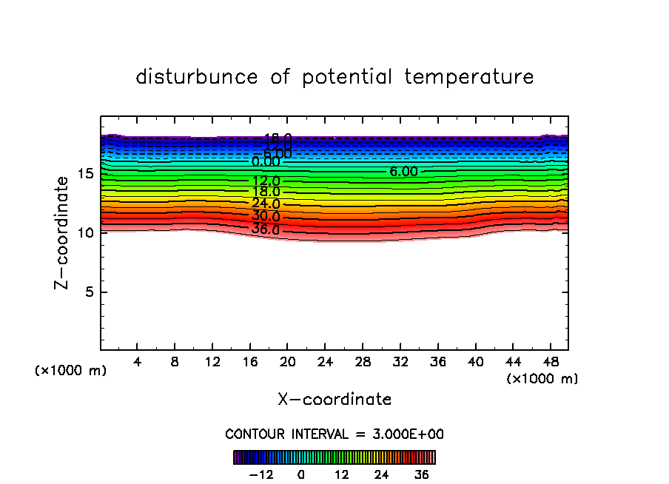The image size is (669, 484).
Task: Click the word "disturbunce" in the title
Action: pos(198,77)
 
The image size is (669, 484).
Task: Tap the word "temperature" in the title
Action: pos(469,77)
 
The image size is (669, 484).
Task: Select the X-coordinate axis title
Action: pos(334,400)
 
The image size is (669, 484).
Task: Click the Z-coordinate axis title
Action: pos(63,232)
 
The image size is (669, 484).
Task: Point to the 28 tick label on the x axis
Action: pos(362,362)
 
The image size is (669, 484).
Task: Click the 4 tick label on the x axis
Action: pos(137,362)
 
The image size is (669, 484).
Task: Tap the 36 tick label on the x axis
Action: pos(437,362)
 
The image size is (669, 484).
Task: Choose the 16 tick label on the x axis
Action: pos(249,362)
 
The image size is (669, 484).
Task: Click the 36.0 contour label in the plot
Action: pos(266,229)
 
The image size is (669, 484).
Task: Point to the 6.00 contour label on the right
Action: pos(403,172)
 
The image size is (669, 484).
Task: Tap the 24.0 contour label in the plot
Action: pos(266,204)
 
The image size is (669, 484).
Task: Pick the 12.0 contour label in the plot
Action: pos(266,181)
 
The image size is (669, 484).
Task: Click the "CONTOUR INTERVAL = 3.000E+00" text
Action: pos(334,434)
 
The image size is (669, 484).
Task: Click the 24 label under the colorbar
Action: pos(381,475)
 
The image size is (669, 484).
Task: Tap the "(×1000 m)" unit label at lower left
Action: pos(71,371)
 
